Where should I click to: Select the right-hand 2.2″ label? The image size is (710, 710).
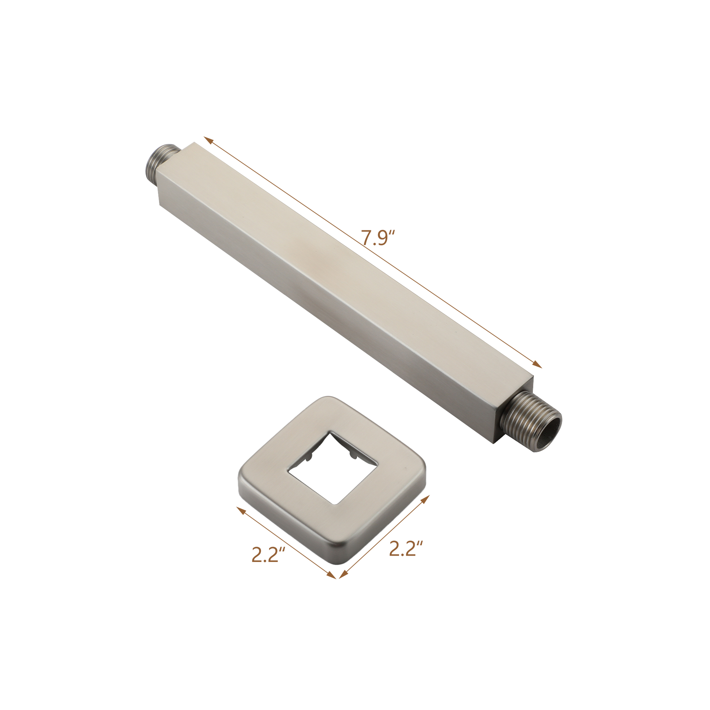point(406,549)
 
